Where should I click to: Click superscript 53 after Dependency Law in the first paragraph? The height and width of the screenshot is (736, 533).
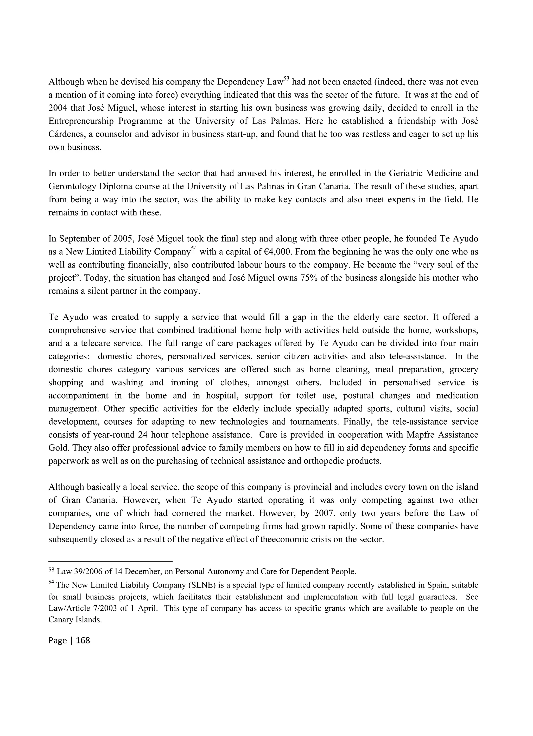point(287,79)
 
